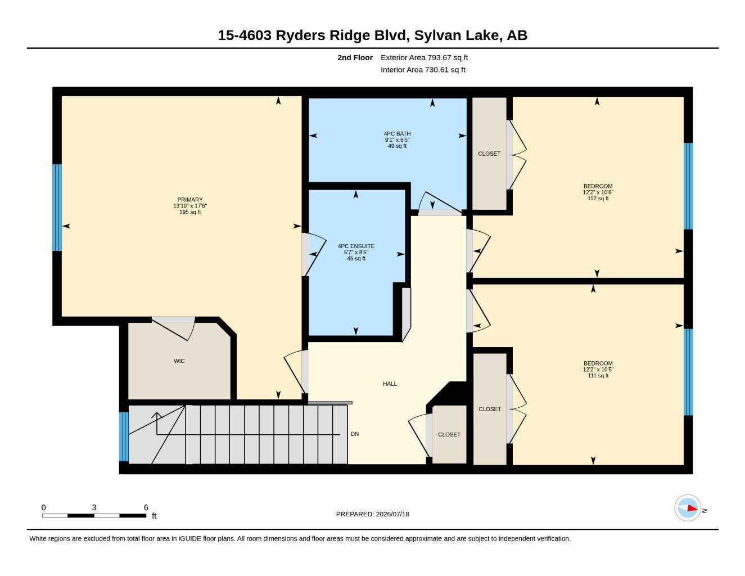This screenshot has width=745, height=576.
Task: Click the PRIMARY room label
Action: [x=190, y=200]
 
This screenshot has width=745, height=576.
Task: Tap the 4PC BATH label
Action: [x=397, y=134]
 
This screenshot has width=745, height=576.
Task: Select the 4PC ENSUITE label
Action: [x=356, y=246]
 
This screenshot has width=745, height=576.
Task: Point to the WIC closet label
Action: [x=179, y=361]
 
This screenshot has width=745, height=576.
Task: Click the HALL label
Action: [x=390, y=384]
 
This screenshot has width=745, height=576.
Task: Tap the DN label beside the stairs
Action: [x=354, y=434]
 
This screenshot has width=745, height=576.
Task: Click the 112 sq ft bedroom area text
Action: [x=598, y=198]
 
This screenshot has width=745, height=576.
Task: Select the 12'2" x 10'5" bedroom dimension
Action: [x=598, y=369]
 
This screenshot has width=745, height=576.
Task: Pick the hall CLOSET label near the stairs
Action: [x=449, y=434]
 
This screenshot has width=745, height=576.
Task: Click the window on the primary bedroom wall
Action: [x=57, y=208]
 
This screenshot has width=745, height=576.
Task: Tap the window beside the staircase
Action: [x=124, y=436]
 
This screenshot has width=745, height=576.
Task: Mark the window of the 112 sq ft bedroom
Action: [x=688, y=186]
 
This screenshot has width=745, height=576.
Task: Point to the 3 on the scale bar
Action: [x=94, y=507]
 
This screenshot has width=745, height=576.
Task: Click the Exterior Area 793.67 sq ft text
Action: [x=424, y=57]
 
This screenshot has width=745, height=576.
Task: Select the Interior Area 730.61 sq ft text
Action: [x=423, y=70]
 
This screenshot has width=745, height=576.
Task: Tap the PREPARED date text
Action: [x=373, y=514]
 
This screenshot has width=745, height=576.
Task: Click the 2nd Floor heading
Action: [x=355, y=57]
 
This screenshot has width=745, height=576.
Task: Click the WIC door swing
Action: [x=174, y=328]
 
